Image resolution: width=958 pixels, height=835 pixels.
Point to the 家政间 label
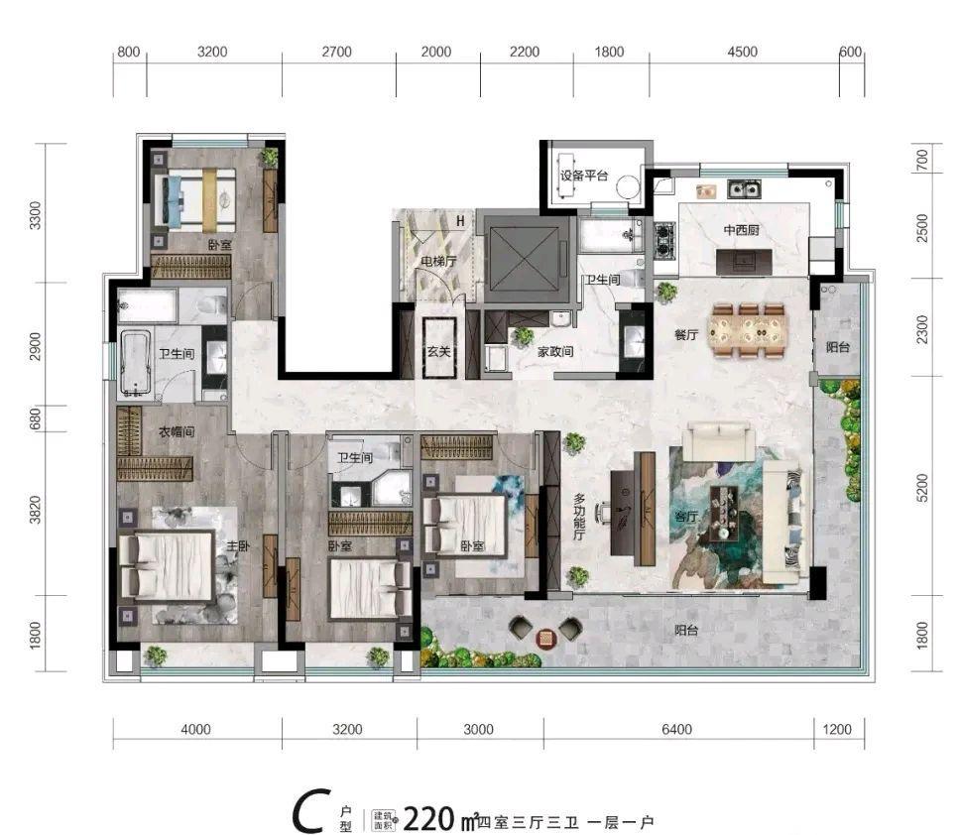(x=555, y=351)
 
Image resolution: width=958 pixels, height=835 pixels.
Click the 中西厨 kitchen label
(x=742, y=230)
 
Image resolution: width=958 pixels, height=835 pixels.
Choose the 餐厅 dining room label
(x=686, y=335)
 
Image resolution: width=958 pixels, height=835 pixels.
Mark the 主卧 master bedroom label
(x=236, y=545)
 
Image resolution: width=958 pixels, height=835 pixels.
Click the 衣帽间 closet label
(x=176, y=432)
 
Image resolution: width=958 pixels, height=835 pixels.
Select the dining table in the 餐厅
(x=748, y=328)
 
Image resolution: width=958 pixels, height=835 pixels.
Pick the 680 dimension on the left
(x=36, y=418)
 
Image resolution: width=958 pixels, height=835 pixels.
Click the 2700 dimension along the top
(x=337, y=52)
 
